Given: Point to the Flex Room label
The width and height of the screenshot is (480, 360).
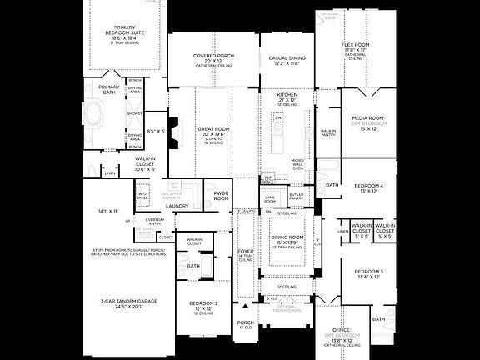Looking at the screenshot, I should [x=355, y=47].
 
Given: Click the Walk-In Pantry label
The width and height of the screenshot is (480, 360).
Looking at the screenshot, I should [x=329, y=132].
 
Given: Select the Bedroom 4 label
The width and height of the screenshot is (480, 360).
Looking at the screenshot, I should [x=368, y=187].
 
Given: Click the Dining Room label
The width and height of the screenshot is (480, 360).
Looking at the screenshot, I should [x=286, y=238].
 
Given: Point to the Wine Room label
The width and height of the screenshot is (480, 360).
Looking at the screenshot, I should [x=270, y=200].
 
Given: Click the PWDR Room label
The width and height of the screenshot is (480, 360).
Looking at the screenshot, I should [x=221, y=196].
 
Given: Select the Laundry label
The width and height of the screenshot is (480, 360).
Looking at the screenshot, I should [x=177, y=206].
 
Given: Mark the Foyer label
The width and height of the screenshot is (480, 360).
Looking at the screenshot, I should [x=246, y=252].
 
